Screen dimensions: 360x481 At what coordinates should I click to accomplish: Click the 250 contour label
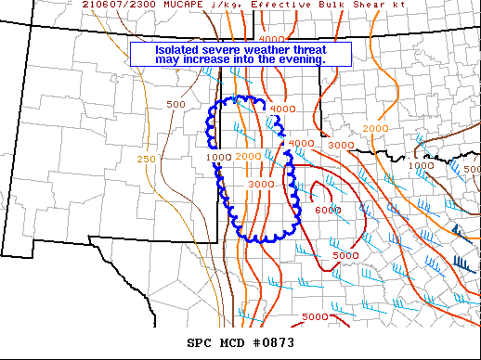click(x=146, y=160)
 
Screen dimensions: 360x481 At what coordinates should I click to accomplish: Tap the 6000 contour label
click(x=329, y=211)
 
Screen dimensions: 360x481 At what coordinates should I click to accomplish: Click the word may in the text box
click(x=168, y=60)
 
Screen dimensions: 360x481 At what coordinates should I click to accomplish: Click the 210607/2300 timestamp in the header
click(x=116, y=6)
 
